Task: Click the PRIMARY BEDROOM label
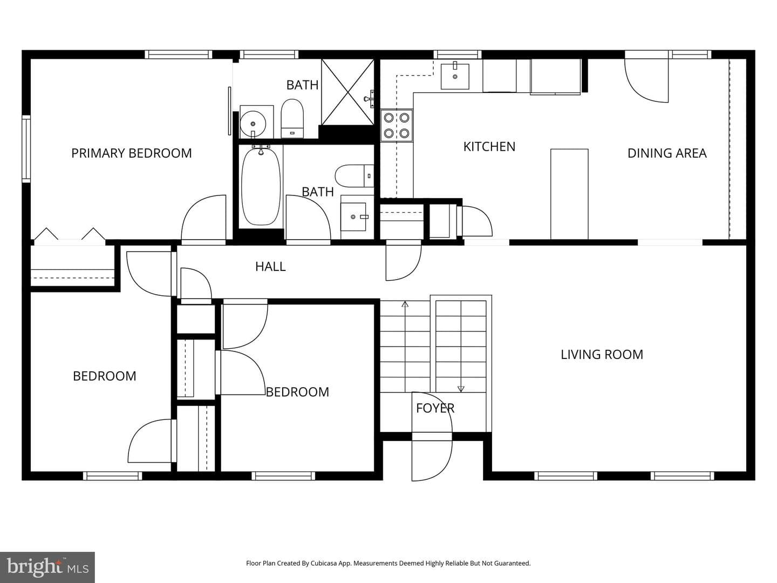[131, 153]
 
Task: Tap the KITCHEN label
[489, 147]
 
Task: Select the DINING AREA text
[667, 153]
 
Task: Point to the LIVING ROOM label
[602, 354]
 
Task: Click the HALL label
[270, 267]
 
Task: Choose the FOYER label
[435, 408]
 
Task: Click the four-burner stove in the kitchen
[397, 125]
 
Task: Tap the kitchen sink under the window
[455, 76]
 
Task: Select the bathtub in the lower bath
[261, 186]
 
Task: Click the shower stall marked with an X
[347, 92]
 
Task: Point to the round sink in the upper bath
[253, 124]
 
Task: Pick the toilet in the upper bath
[292, 118]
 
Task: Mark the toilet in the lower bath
[355, 176]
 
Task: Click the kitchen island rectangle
[569, 194]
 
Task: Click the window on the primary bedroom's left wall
[26, 148]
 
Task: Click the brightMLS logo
[47, 567]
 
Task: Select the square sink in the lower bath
[353, 216]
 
